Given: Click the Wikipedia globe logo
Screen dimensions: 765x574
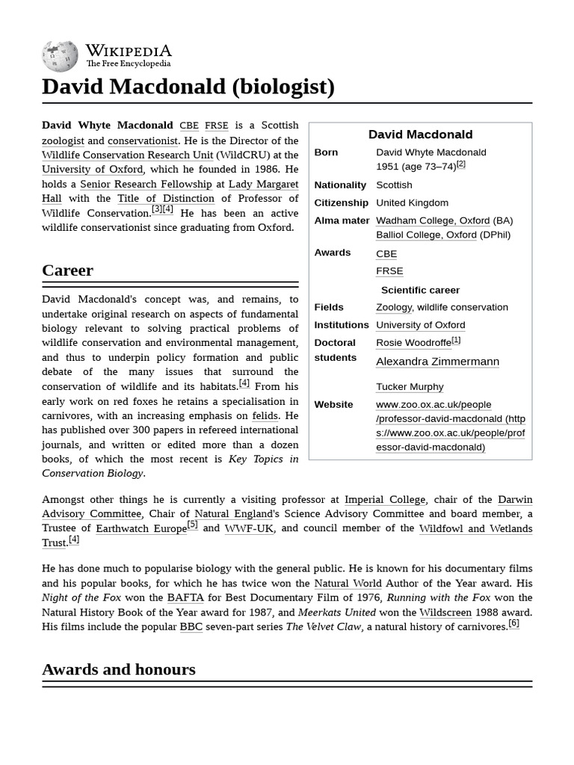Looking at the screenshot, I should [60, 55].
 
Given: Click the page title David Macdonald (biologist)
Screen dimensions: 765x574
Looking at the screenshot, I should [188, 87].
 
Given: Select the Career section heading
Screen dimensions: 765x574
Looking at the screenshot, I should [67, 270].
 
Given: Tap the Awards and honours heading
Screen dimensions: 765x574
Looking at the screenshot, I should [118, 669].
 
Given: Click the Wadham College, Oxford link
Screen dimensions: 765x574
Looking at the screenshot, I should [433, 220].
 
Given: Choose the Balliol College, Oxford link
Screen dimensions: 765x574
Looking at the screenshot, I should [426, 235].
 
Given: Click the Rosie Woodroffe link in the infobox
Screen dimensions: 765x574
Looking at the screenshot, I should [413, 343].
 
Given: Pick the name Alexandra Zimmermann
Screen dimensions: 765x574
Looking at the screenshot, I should [437, 362].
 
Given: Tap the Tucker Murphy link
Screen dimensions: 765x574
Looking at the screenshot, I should [410, 387].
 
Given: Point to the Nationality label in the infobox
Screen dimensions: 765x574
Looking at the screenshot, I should [340, 185].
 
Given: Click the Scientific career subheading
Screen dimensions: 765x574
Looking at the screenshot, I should [420, 290].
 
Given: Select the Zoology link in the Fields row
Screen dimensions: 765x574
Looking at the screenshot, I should [394, 307].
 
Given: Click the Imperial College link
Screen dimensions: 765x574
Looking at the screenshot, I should [385, 499].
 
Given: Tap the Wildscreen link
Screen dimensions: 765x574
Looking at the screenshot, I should [445, 612].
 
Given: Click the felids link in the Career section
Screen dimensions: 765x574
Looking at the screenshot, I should [265, 415].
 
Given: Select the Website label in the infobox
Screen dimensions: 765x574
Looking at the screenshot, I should [333, 404].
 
